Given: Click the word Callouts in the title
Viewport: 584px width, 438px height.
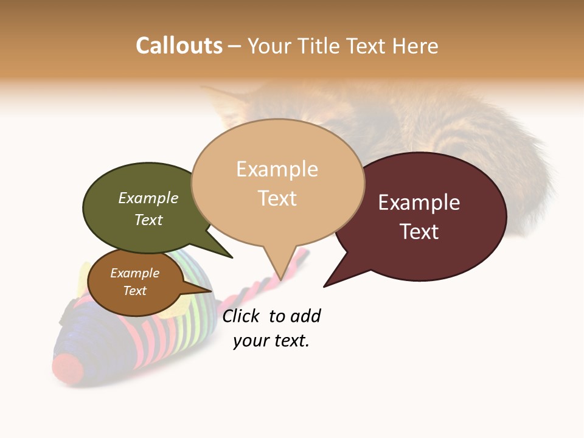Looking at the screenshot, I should click(x=179, y=46).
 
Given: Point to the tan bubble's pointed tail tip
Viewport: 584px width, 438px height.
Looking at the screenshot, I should click(x=282, y=279).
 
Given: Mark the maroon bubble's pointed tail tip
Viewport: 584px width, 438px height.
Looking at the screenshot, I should click(x=325, y=286).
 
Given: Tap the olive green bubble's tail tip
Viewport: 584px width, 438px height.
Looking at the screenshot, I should click(x=232, y=257).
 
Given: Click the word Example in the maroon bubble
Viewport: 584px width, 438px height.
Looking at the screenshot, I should click(x=419, y=203).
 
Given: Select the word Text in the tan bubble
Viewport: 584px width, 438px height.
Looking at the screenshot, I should click(x=277, y=198).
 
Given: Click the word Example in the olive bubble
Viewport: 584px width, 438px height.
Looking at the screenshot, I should click(x=148, y=198).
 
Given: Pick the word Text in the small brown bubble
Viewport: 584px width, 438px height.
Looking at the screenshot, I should click(x=135, y=291).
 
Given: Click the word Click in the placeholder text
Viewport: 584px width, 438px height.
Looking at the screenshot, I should click(x=242, y=316).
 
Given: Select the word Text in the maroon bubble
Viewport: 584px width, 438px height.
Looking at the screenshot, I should click(x=419, y=232).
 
